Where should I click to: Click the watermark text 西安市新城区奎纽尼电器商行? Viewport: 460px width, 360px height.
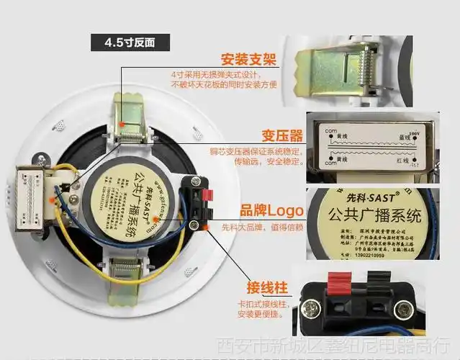point(337,346)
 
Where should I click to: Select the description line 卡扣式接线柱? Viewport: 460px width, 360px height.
point(263,305)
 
